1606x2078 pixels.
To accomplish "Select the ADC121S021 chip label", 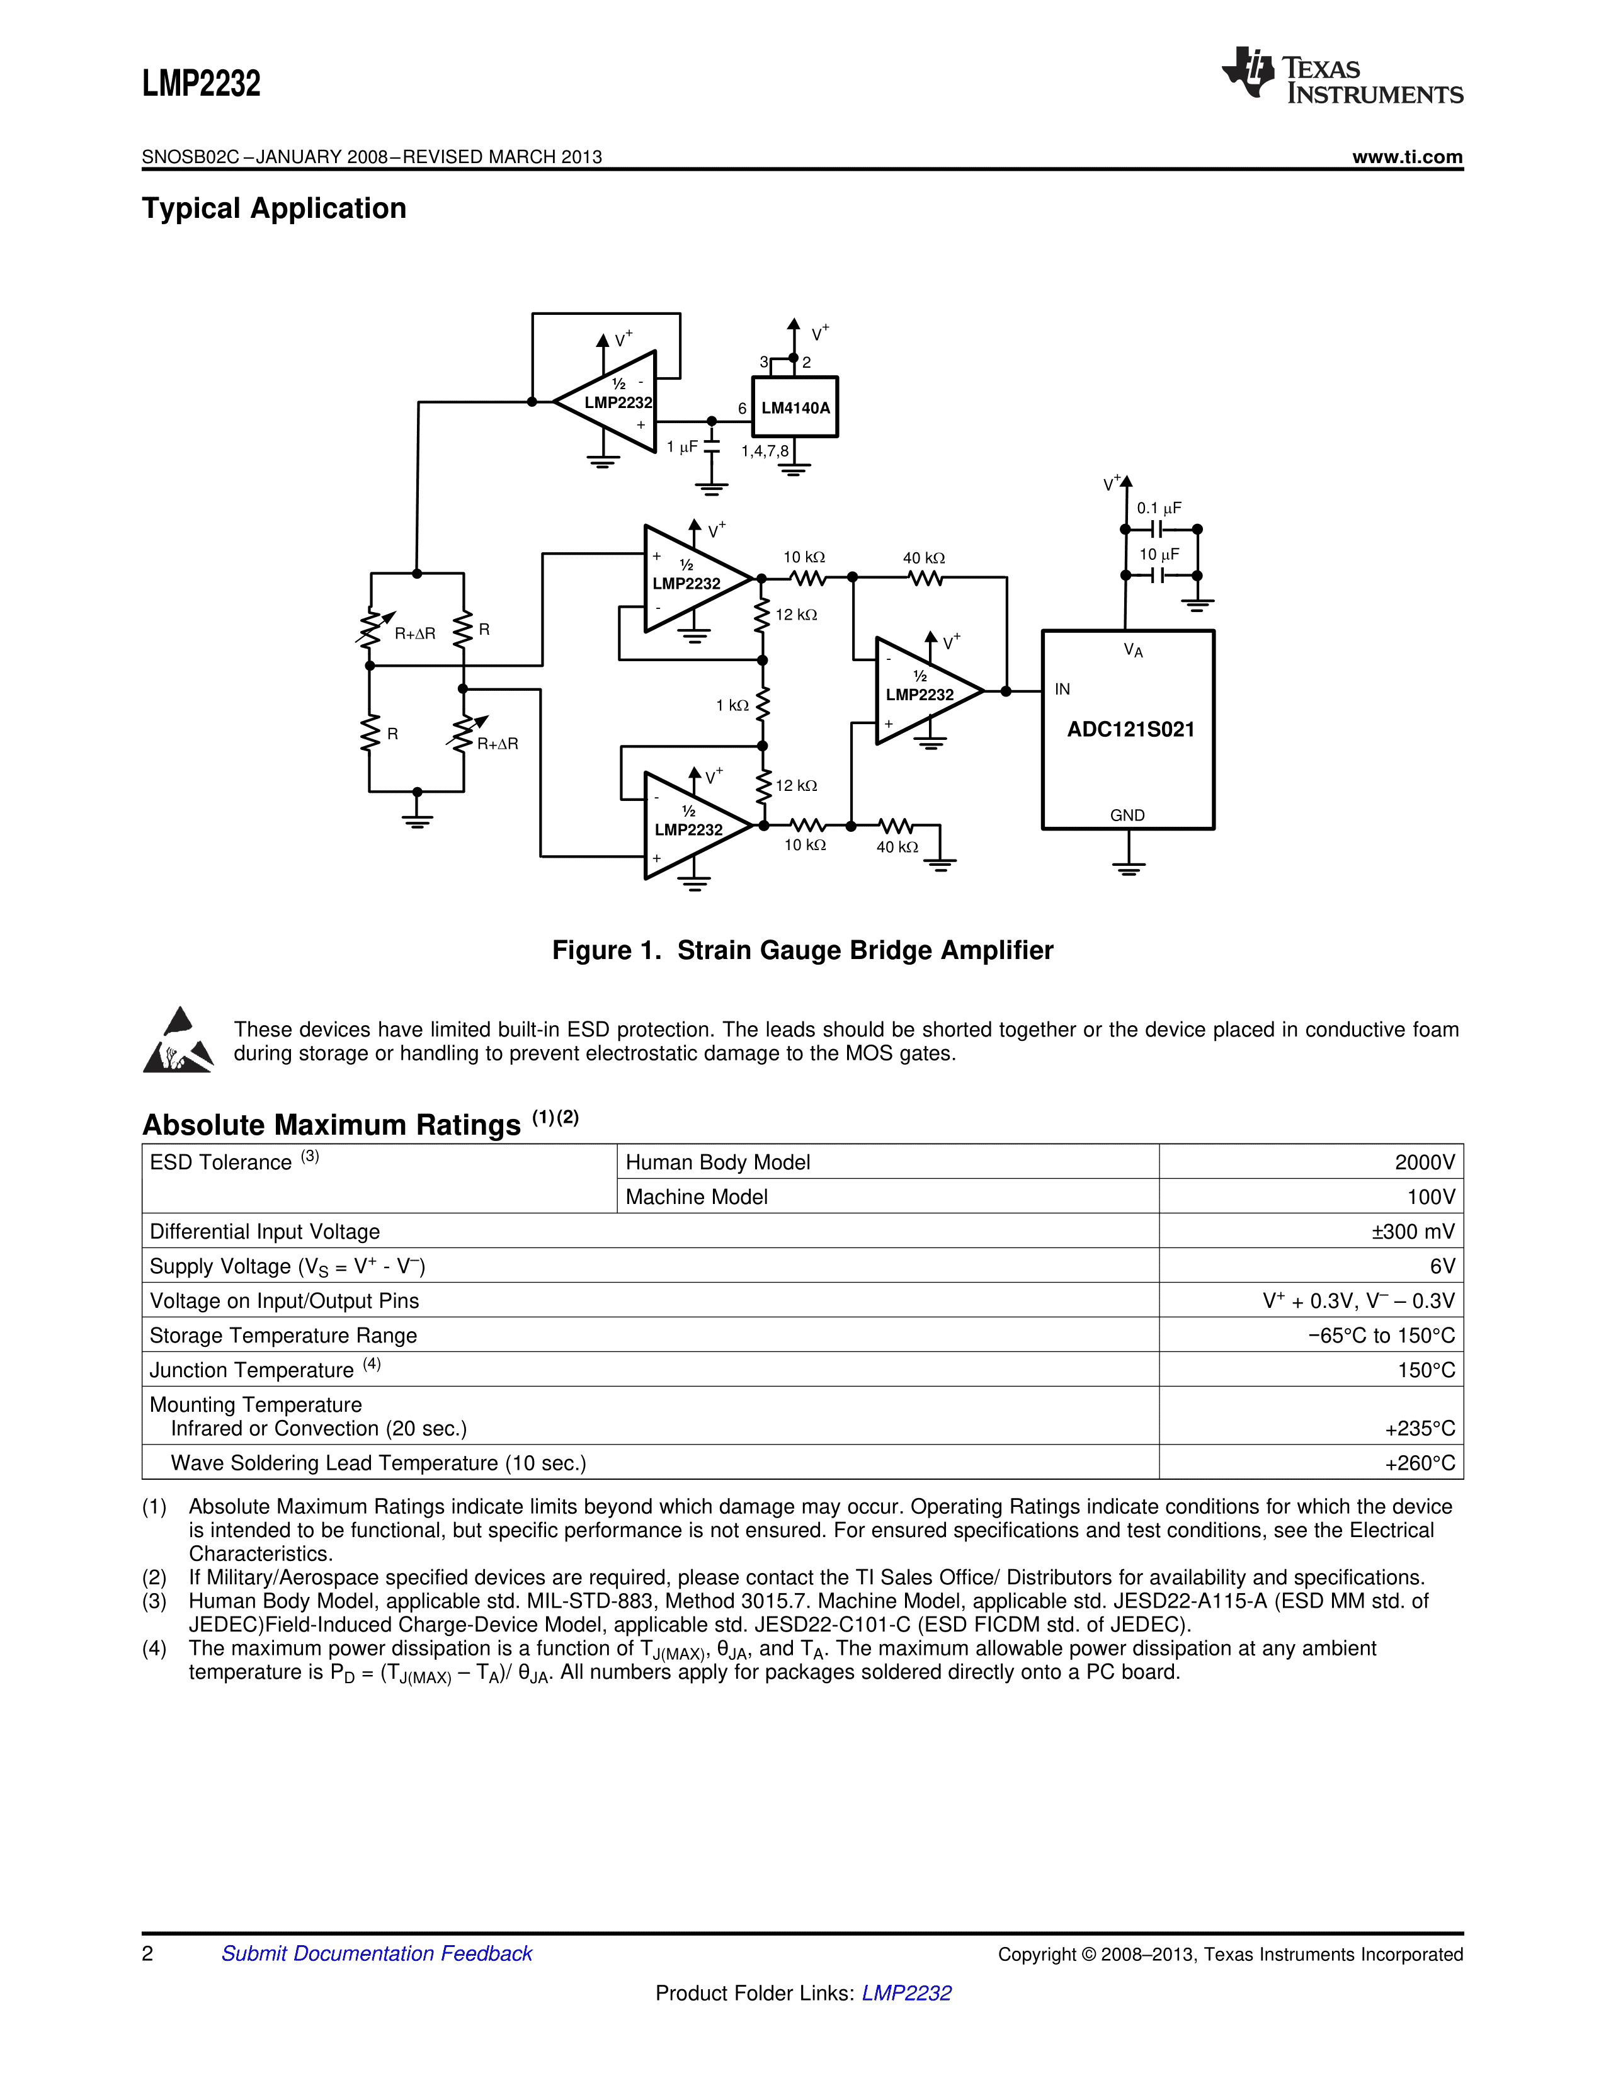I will tap(1130, 730).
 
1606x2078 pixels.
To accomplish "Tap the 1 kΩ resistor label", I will tap(732, 705).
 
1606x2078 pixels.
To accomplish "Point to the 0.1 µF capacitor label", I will tap(1159, 508).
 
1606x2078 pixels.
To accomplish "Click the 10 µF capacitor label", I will tap(1159, 554).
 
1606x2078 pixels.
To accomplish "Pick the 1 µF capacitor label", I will tap(682, 446).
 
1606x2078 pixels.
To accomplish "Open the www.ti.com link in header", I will tap(1407, 157).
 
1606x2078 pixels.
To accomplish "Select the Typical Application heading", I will tap(274, 208).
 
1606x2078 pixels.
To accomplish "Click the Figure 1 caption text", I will tap(802, 950).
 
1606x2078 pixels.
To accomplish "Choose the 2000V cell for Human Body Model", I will tap(1424, 1162).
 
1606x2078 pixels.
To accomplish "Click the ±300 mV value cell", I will tap(1413, 1231).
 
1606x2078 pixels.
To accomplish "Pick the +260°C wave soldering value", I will tap(1420, 1462).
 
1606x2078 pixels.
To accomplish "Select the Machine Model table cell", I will tap(697, 1197).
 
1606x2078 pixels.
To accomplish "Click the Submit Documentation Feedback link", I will tap(377, 1953).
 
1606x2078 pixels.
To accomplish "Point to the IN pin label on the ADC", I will tap(1062, 689).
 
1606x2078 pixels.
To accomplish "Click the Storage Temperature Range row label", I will tap(283, 1335).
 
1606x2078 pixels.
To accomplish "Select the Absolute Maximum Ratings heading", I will tap(331, 1125).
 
